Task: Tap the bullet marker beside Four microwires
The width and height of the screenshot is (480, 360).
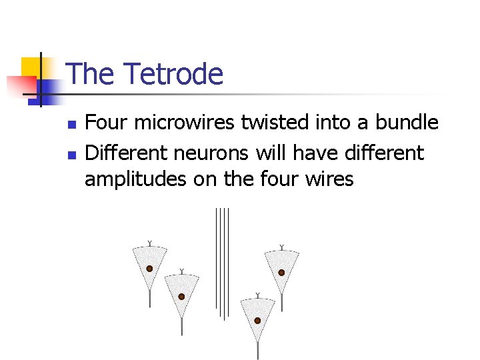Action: click(x=73, y=125)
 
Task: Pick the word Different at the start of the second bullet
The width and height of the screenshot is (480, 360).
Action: click(x=126, y=153)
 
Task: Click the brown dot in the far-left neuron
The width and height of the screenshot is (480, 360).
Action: click(x=150, y=269)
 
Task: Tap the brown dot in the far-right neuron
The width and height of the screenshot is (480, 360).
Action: click(x=281, y=273)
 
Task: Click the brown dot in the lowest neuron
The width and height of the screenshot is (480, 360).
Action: click(x=257, y=321)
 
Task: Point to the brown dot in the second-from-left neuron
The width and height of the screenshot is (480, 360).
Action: click(x=181, y=297)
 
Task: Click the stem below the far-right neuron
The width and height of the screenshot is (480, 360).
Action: click(x=281, y=303)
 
